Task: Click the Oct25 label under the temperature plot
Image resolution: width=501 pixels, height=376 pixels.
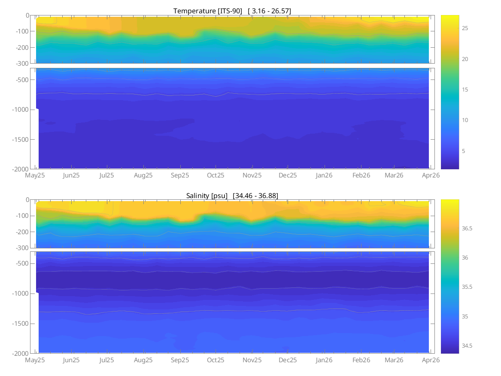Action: click(216, 175)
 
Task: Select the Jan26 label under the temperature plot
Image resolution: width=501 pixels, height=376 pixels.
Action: click(324, 175)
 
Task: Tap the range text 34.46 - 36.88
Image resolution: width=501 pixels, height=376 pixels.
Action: click(255, 196)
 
